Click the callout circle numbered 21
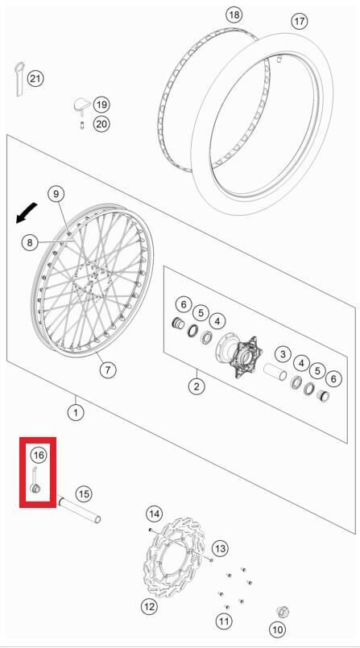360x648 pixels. pos(35,78)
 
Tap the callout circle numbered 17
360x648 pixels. pos(300,22)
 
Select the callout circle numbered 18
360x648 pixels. pos(234,15)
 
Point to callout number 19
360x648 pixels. pos(101,105)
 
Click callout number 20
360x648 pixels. pos(101,123)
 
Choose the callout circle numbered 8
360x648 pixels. pos(30,241)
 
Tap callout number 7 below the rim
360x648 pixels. pos(108,369)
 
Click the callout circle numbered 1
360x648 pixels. pos(76,413)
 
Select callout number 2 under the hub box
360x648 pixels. pos(196,386)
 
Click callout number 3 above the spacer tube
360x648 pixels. pos(282,353)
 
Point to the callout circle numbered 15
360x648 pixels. pos(84,493)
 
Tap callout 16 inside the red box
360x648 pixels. pos(38,456)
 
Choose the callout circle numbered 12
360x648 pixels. pos(149,606)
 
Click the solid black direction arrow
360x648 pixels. pos(27,213)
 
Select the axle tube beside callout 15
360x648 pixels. pos(79,512)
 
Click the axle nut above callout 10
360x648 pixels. pos(282,612)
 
